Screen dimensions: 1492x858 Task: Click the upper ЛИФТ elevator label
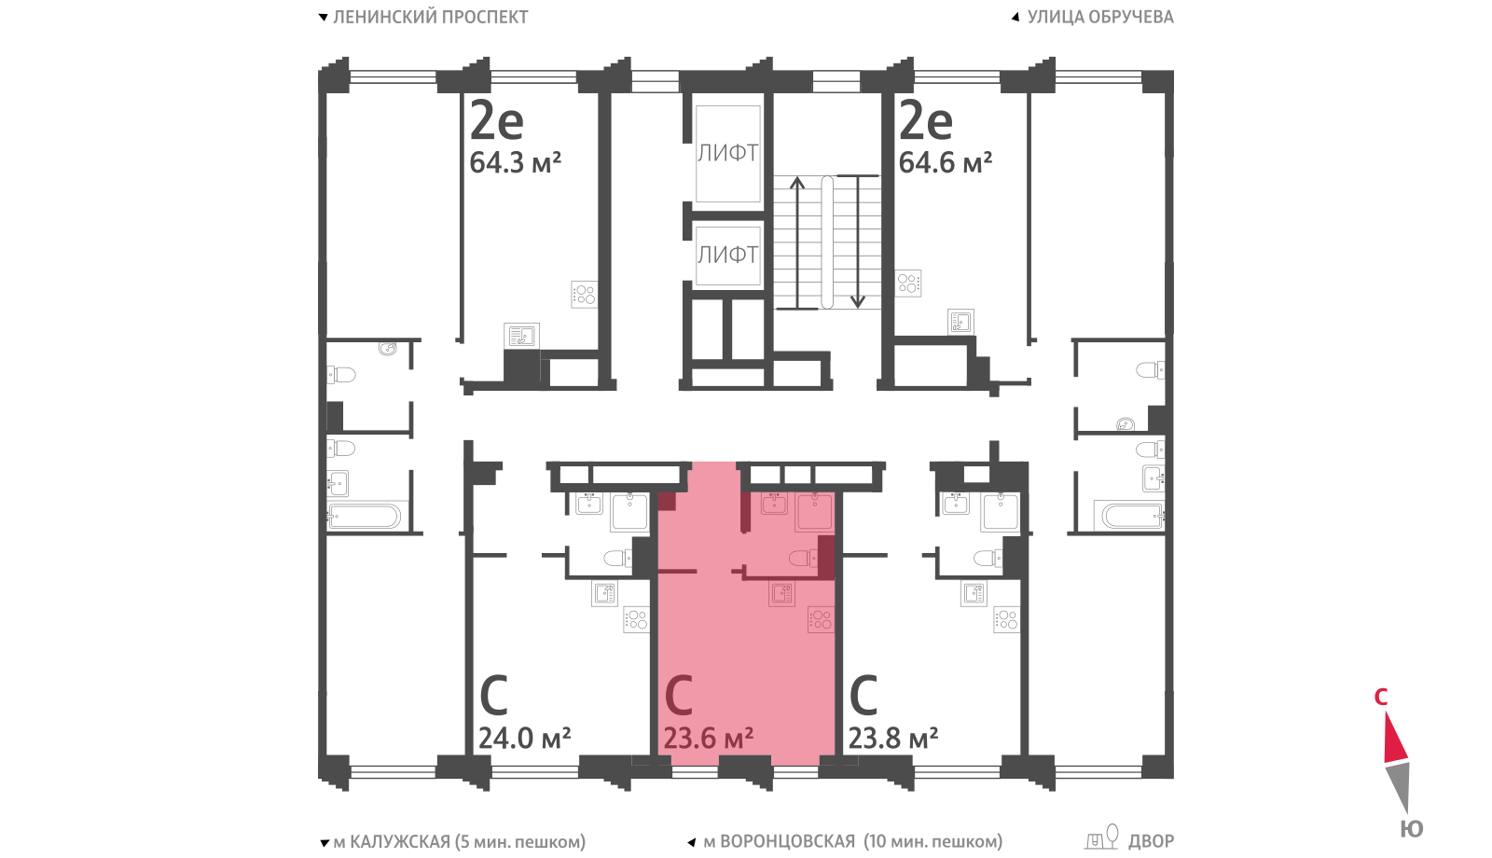tap(727, 153)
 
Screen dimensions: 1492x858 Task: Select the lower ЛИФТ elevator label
tap(727, 255)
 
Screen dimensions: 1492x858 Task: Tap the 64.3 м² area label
tap(516, 162)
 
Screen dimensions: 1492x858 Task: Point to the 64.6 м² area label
tap(946, 162)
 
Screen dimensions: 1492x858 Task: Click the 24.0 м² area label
tap(525, 738)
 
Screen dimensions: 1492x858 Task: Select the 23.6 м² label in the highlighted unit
tap(709, 738)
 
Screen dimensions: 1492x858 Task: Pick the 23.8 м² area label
tap(893, 738)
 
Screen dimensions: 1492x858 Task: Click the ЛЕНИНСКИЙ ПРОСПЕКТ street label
tap(430, 18)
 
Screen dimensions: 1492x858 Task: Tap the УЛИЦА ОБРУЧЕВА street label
tap(1100, 18)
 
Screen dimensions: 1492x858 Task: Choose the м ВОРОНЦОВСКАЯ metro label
tap(780, 842)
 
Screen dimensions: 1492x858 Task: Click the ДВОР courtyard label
tap(1151, 842)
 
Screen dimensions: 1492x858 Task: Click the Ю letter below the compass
tap(1412, 829)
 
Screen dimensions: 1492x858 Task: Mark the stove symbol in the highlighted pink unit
tap(821, 619)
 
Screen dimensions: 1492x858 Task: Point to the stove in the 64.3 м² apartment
tap(584, 295)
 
